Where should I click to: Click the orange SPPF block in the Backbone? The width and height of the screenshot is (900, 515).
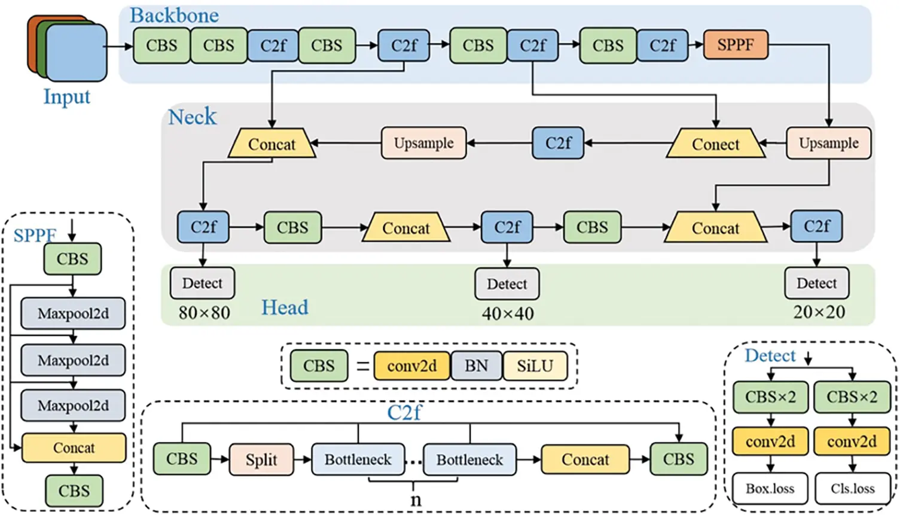pos(735,45)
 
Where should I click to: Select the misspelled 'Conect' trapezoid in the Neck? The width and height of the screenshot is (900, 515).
pos(715,144)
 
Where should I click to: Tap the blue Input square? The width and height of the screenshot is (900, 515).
pos(77,53)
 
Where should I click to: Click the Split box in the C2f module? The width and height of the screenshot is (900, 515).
pos(261,459)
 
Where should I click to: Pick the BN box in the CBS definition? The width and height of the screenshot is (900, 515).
pos(476,365)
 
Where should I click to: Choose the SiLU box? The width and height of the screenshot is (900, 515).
pos(535,365)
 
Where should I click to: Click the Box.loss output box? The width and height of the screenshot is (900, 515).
pos(770,489)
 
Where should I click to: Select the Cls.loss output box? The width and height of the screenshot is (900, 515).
pos(852,489)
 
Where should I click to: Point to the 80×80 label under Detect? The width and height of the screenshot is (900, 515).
pos(204,313)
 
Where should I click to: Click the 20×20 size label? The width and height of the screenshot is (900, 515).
pos(819,312)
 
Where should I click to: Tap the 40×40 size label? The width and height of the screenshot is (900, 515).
pos(507,313)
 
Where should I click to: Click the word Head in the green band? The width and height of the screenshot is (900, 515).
pos(285,307)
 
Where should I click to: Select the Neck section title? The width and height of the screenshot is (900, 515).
pos(192,117)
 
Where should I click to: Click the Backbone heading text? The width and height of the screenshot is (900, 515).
pos(174,16)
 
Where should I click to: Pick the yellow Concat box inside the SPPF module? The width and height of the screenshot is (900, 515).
pos(74,448)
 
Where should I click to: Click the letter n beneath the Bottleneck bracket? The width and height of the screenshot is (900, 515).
pos(415,500)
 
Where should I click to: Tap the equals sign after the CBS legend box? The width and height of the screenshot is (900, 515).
pos(362,366)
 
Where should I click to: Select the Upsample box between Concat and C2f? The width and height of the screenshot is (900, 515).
pos(423,143)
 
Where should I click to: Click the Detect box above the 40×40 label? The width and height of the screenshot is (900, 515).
pos(507,284)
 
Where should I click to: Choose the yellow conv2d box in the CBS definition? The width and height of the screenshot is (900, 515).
pos(411,365)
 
